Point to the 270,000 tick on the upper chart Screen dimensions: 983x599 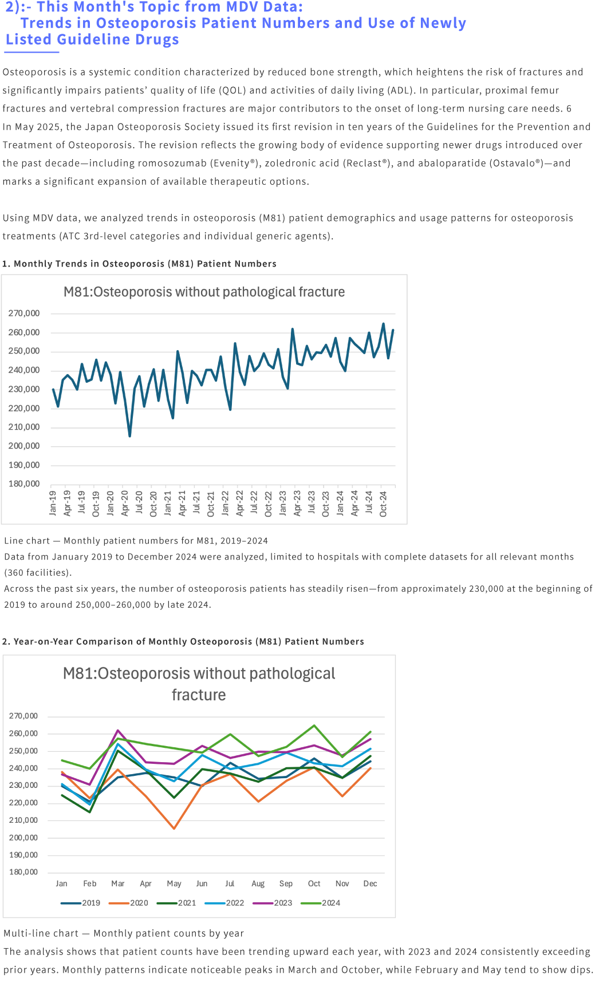coord(24,314)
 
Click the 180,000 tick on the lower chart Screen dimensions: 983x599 coord(23,873)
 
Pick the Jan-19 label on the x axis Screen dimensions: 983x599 coord(53,503)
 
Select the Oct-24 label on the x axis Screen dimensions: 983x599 coord(383,503)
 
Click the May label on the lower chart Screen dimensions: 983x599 coord(174,884)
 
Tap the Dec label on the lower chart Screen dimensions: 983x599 coord(370,884)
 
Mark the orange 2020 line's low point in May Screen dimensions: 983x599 coord(174,828)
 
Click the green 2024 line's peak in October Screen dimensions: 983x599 coord(314,726)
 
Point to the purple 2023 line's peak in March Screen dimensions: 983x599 coord(118,730)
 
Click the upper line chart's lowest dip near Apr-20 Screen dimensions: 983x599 coord(130,436)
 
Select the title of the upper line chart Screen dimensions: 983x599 coord(204,292)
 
